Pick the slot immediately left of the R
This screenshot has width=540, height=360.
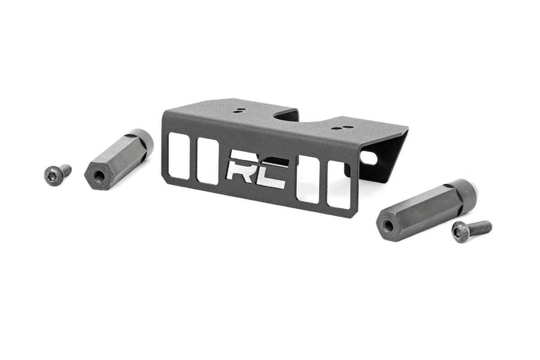[208, 161]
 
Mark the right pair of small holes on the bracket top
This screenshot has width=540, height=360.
[339, 127]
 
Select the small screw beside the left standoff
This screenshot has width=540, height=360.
[56, 173]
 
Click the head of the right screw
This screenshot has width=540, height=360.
[460, 230]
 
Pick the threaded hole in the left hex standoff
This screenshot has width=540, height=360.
[98, 176]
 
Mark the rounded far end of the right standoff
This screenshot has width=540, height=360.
[466, 189]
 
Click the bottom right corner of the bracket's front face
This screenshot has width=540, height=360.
[356, 215]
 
